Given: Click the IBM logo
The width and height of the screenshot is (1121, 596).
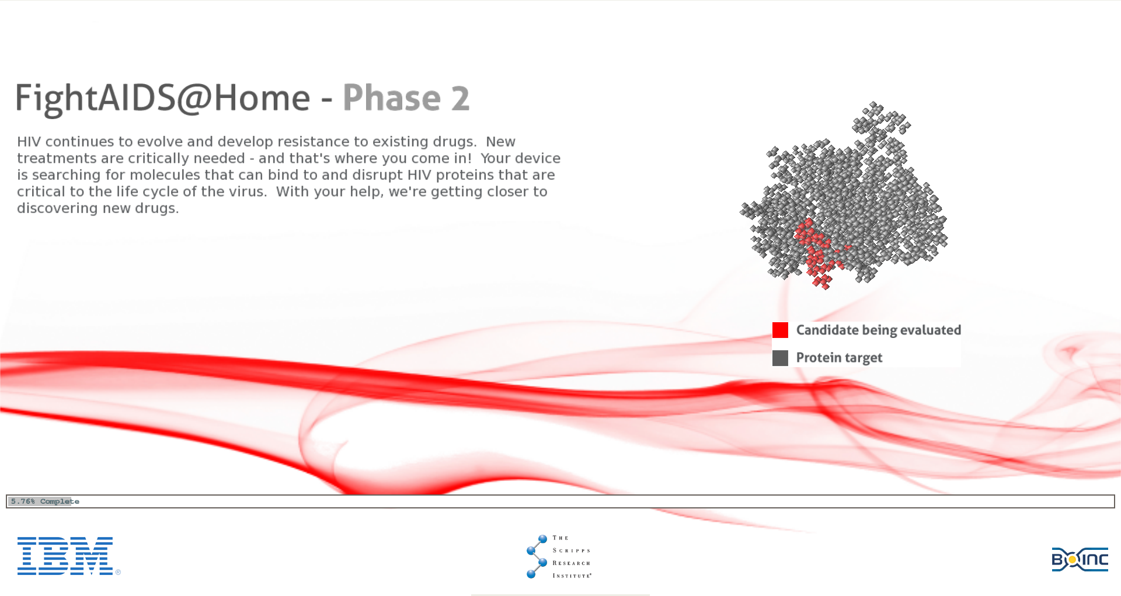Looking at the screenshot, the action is coord(65,556).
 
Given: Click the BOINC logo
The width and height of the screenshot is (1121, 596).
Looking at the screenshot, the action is coord(1080,560).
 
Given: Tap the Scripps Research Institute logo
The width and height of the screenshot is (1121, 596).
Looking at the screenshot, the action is coord(559,557).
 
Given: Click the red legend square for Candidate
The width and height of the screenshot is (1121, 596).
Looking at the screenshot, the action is coord(780,330).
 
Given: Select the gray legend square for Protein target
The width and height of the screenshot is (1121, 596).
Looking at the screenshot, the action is coord(780,358).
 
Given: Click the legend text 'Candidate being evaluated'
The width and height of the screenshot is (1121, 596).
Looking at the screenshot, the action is coord(878,330).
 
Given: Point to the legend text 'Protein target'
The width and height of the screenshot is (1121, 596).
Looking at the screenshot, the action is coord(839,358).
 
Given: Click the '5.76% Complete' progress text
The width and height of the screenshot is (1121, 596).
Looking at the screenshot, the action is coord(45,501).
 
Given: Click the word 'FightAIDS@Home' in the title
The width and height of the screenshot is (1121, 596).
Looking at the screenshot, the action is coord(163,98).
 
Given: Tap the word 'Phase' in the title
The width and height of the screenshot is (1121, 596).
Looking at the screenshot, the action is coord(392,97).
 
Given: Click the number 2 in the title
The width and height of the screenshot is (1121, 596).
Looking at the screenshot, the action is coord(460,98).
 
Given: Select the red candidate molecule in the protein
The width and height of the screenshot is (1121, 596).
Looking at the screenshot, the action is coord(817,251).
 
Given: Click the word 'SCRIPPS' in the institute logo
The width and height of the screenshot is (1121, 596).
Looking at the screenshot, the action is coord(572,550).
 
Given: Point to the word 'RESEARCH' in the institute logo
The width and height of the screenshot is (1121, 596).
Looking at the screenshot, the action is coord(572,563).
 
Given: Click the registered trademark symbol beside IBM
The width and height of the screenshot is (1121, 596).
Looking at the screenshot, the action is coord(118,572).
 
